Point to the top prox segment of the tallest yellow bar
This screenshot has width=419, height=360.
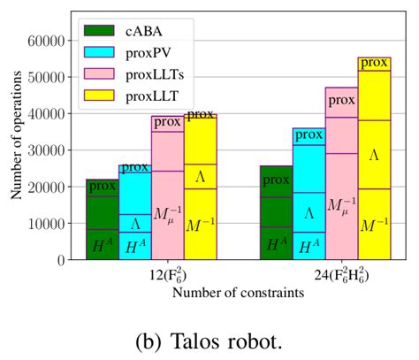[x=374, y=63]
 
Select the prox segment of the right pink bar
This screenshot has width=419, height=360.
[x=341, y=100]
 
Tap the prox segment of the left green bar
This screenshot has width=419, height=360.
[x=102, y=187]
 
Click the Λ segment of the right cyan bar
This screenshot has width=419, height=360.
[x=309, y=212]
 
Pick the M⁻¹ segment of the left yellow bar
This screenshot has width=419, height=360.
[x=200, y=225]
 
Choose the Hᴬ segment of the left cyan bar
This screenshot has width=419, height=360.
[x=135, y=246]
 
